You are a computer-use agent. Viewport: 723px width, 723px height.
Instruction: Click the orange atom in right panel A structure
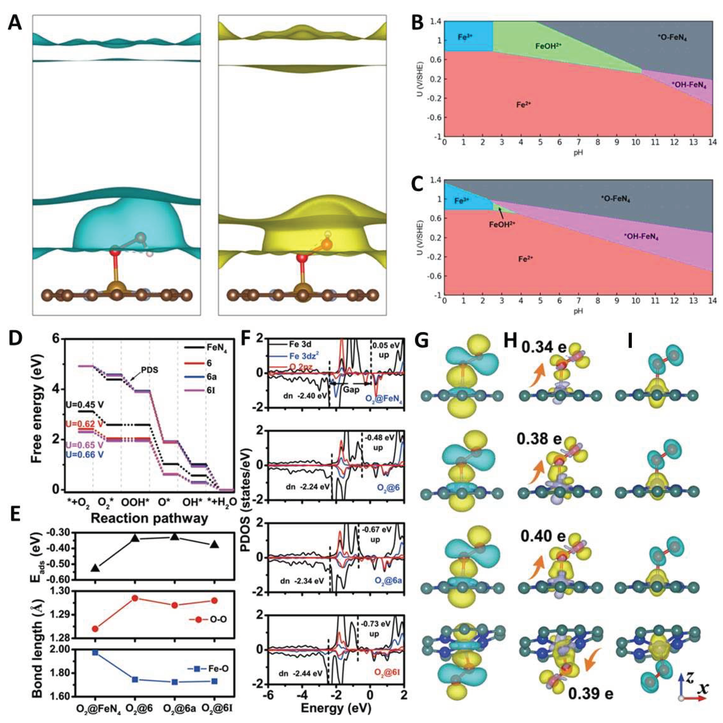point(326,245)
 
